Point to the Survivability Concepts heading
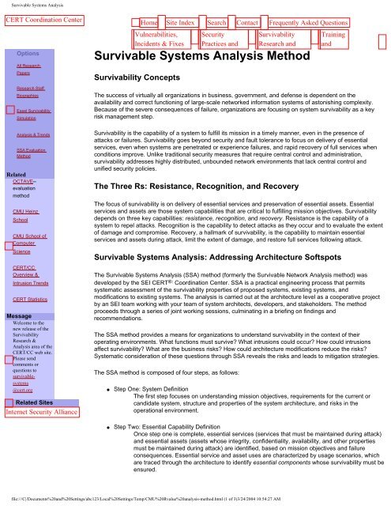tap(143, 81)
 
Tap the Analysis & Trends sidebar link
tap(33, 135)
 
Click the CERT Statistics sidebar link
tap(32, 278)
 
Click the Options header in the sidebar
tap(39, 52)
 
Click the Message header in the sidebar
tap(19, 293)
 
